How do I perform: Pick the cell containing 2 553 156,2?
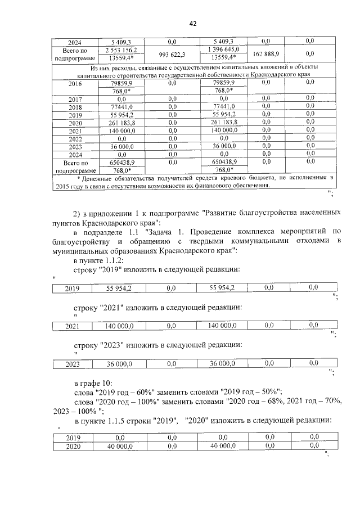coord(121,49)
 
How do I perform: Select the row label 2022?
coord(75,138)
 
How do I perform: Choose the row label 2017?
coord(75,98)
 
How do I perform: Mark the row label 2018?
coord(75,106)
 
